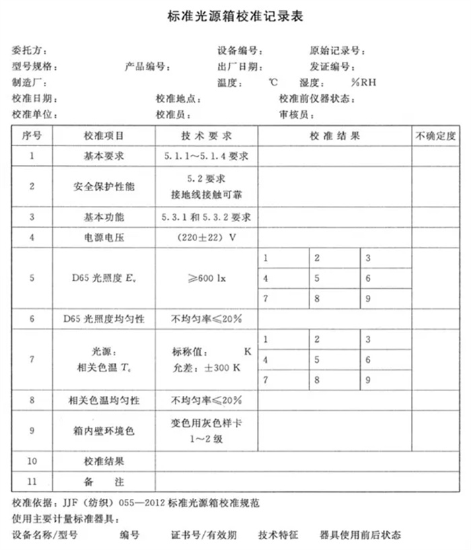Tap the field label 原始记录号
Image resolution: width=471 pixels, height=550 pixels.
tap(337, 50)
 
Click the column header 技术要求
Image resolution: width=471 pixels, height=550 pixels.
tap(207, 135)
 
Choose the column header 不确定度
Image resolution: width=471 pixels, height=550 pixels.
tap(437, 135)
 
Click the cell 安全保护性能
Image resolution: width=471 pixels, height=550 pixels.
tap(104, 186)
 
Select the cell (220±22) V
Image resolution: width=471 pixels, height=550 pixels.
tap(207, 238)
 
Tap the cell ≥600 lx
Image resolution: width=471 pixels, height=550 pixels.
tap(207, 277)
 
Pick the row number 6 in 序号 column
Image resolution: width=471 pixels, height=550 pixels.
tap(32, 318)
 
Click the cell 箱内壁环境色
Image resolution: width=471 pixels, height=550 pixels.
tap(104, 429)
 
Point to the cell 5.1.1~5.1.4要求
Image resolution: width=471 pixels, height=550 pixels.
tap(207, 156)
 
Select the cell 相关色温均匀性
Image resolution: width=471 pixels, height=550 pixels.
tap(104, 400)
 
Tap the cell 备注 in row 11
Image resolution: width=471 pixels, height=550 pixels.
tap(104, 483)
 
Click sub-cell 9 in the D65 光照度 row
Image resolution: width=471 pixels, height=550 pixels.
tap(369, 297)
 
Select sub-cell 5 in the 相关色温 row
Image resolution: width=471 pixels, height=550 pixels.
tap(317, 360)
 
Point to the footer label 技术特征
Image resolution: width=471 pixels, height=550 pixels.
tap(278, 535)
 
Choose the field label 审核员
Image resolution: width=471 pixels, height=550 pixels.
tap(294, 114)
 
